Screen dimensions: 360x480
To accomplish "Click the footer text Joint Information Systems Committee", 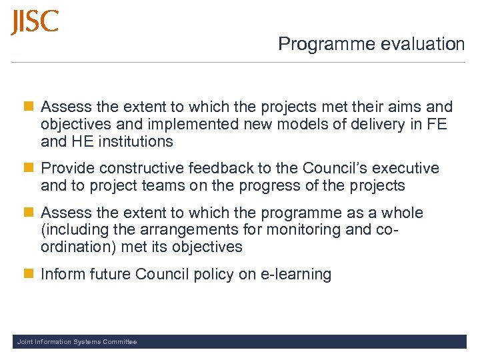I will pyautogui.click(x=77, y=342).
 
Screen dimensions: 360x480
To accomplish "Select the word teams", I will pyautogui.click(x=164, y=185).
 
